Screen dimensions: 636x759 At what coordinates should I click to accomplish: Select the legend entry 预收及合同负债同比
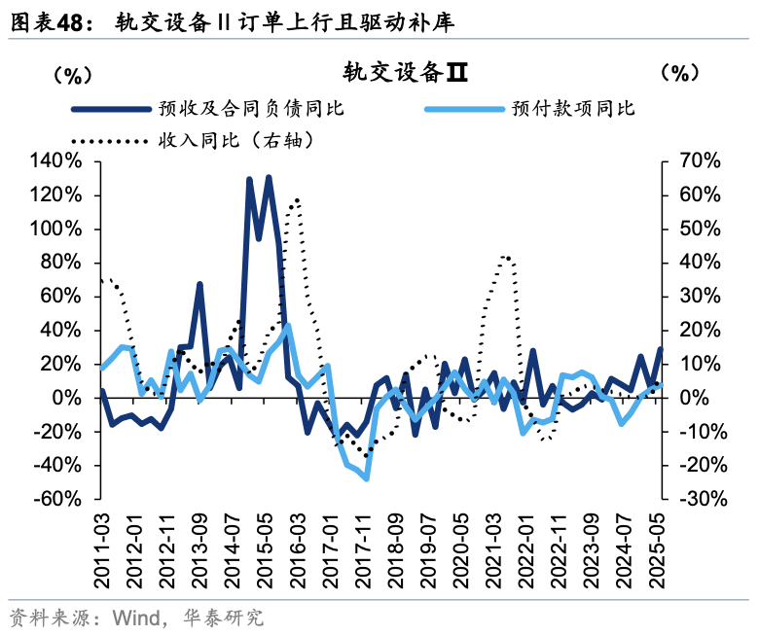click(251, 108)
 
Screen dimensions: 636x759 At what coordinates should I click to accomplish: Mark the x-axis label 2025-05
click(659, 549)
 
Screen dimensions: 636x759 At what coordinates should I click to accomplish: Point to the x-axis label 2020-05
click(460, 549)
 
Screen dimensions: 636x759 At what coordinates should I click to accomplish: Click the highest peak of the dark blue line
click(269, 177)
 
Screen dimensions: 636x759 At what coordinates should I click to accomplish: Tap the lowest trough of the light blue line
click(367, 478)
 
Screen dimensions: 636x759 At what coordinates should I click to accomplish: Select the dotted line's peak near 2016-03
click(296, 199)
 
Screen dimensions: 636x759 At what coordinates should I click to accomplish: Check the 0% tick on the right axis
click(700, 398)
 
